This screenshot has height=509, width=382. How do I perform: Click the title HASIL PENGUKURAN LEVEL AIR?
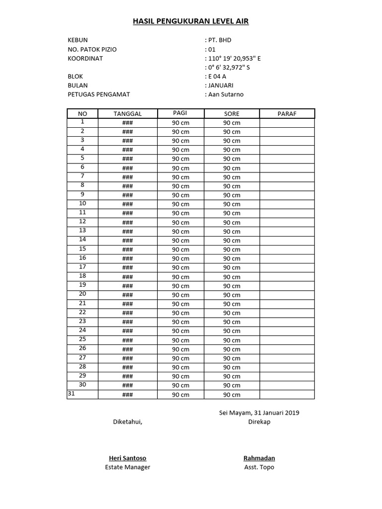click(x=191, y=21)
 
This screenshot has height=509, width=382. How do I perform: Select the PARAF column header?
click(x=286, y=114)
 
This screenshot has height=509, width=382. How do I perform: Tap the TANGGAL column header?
click(x=127, y=114)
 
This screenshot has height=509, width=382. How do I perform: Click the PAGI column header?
click(x=180, y=113)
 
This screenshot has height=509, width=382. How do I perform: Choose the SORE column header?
click(x=231, y=114)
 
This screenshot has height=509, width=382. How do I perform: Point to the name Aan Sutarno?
click(x=226, y=94)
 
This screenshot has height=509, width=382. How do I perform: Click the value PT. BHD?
click(x=220, y=40)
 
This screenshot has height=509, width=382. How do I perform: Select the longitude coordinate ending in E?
click(x=234, y=58)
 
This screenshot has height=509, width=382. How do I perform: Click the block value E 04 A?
click(x=217, y=77)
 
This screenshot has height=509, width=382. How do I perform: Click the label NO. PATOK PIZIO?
click(x=92, y=49)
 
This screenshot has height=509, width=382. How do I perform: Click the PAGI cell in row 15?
click(x=181, y=250)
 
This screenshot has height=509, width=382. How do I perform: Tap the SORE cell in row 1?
click(x=231, y=123)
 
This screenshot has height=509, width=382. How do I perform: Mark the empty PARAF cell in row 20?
click(x=286, y=295)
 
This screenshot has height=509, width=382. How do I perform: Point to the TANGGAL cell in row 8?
click(x=127, y=186)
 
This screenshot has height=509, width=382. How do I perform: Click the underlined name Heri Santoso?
click(x=127, y=458)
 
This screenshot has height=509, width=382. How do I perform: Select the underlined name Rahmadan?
click(x=259, y=458)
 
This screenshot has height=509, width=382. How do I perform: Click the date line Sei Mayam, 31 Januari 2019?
click(x=259, y=413)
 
